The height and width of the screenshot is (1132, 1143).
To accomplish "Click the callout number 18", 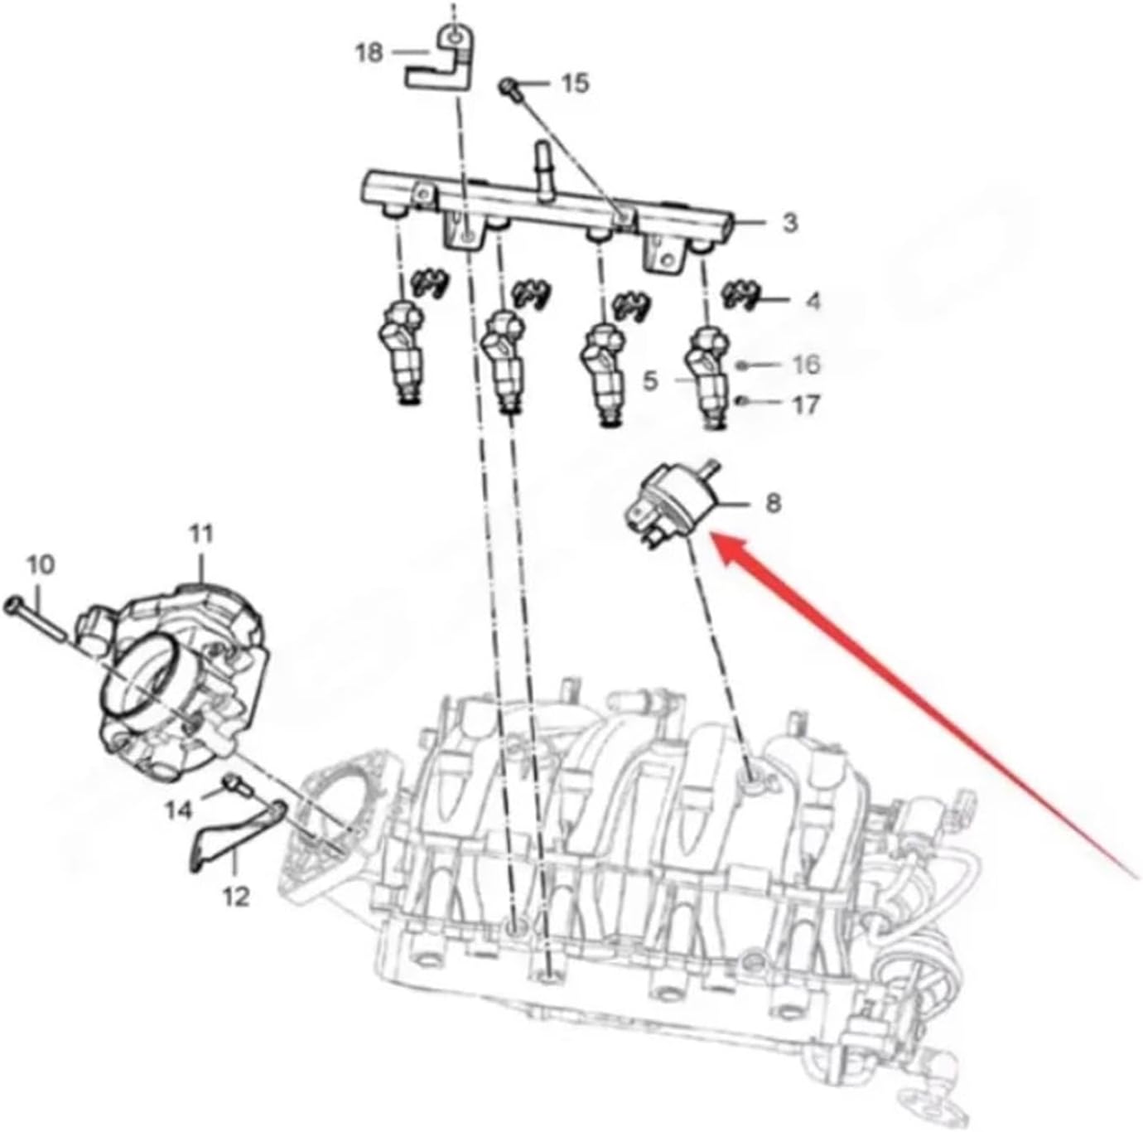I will tap(369, 54).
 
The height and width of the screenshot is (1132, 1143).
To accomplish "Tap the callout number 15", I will tap(575, 83).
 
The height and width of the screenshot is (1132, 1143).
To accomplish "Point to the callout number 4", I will tap(813, 301).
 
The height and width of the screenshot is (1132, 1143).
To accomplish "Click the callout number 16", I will tap(806, 365).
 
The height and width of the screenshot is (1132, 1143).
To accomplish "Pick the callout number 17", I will tap(806, 404).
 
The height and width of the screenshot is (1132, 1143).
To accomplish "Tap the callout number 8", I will tap(772, 503).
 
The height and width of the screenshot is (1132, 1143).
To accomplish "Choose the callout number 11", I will tap(201, 534).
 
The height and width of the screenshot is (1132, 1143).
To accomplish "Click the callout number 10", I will tap(41, 565).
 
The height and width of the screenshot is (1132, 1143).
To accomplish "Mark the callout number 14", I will tap(178, 809).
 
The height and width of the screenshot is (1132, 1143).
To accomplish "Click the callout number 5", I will tap(650, 381).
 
